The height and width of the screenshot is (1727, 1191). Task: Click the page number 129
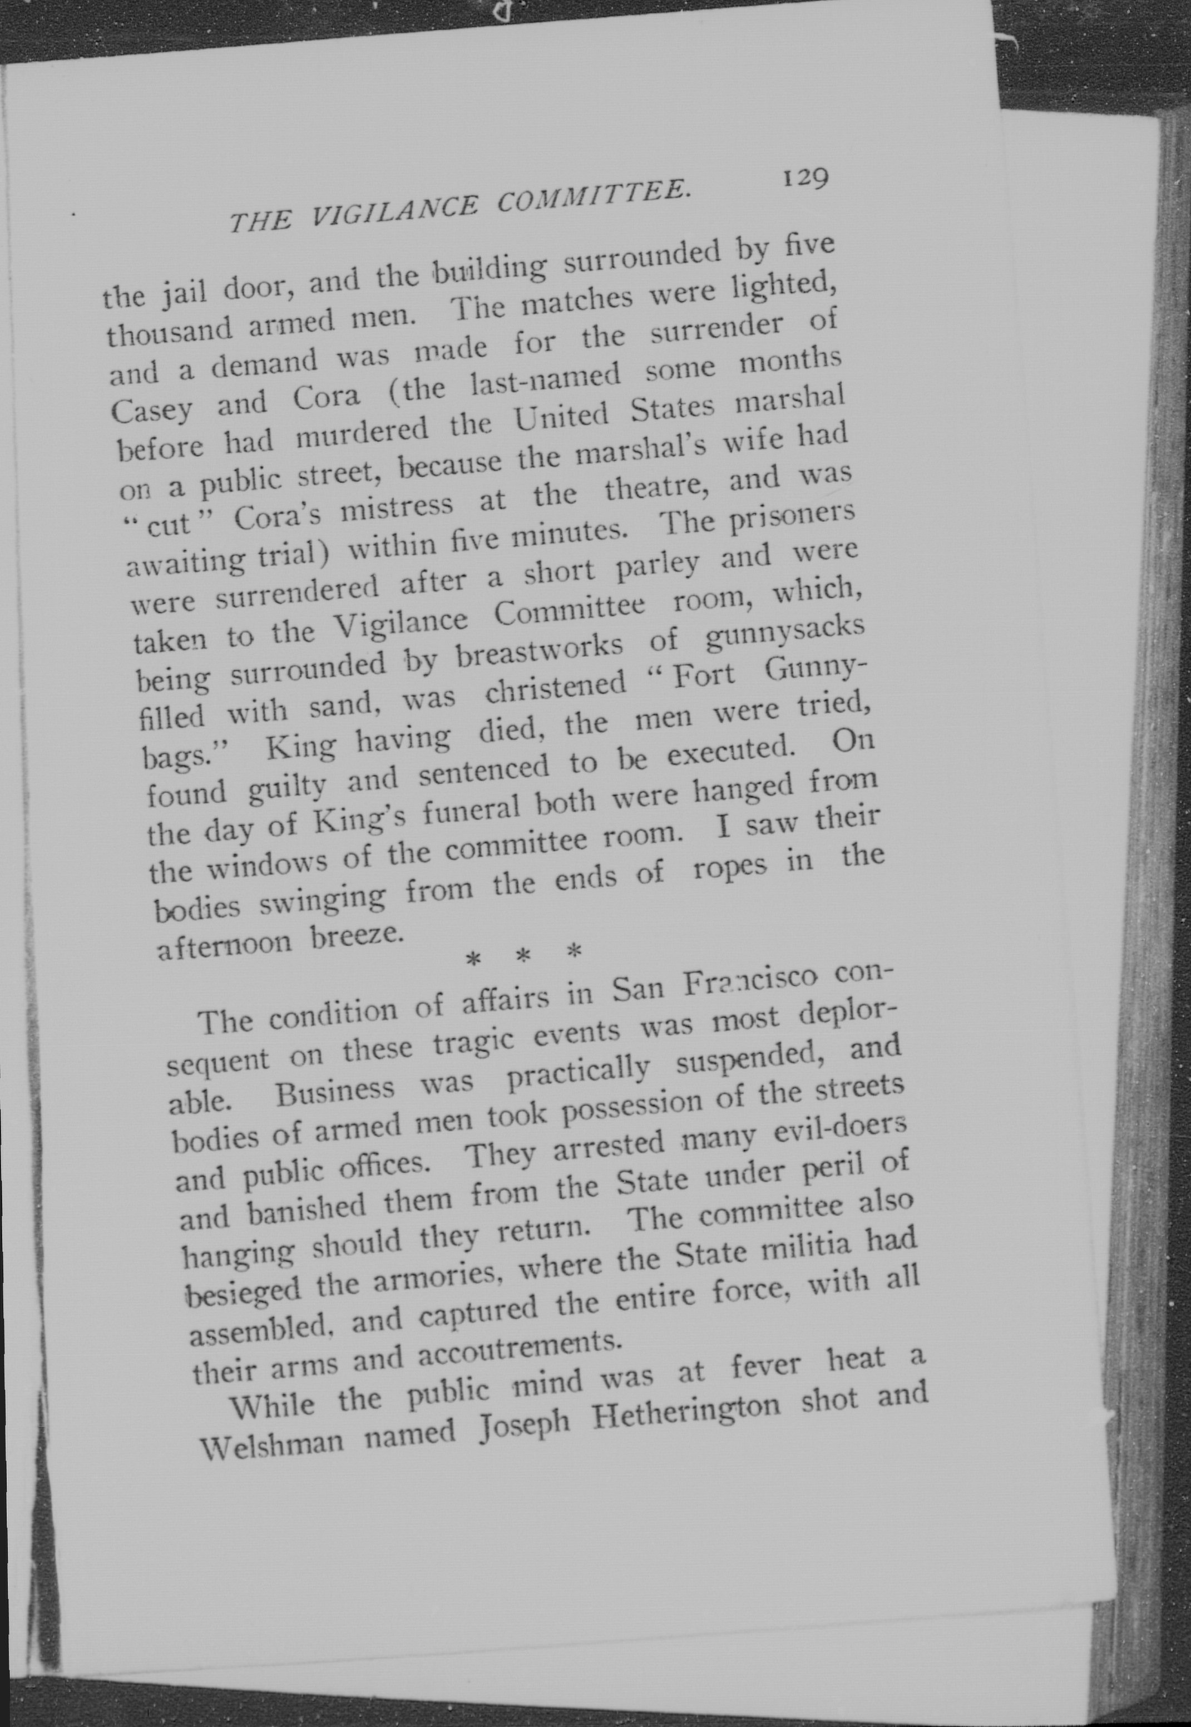tap(804, 179)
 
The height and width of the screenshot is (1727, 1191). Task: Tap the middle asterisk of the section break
tap(523, 956)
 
